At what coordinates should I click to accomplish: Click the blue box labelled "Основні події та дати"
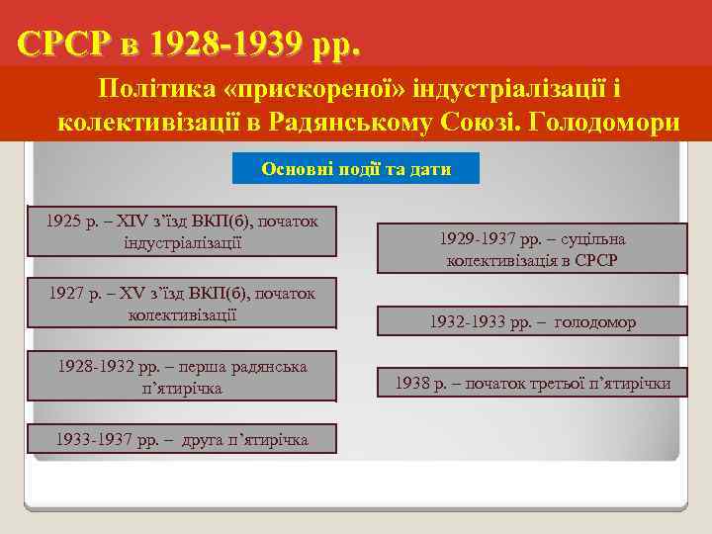click(x=356, y=169)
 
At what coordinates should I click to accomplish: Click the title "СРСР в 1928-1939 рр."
click(x=189, y=44)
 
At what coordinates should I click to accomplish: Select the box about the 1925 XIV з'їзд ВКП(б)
click(x=182, y=230)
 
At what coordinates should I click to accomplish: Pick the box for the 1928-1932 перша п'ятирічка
click(x=182, y=376)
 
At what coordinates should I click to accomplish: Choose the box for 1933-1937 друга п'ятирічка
click(x=182, y=438)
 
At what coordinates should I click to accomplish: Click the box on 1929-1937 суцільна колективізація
click(x=532, y=249)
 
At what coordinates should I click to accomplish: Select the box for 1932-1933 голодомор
click(x=532, y=322)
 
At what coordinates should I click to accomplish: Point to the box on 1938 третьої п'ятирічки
click(x=532, y=382)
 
